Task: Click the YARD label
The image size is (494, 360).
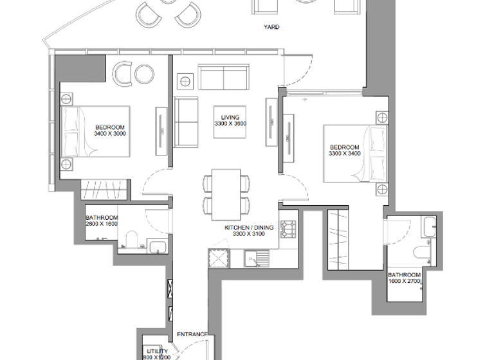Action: click(x=271, y=28)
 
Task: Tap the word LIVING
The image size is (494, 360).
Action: click(x=231, y=117)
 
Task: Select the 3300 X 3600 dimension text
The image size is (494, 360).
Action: click(x=231, y=124)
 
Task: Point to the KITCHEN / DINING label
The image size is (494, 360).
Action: click(x=249, y=228)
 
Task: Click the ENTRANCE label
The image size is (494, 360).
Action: click(x=192, y=334)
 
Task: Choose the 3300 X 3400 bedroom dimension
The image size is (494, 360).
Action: click(x=345, y=154)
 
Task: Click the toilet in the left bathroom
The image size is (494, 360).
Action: click(x=130, y=239)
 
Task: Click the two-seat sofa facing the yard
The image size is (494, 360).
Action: click(x=223, y=78)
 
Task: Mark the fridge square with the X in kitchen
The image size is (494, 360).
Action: click(x=218, y=259)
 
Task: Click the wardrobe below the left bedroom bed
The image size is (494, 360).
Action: click(x=103, y=190)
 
